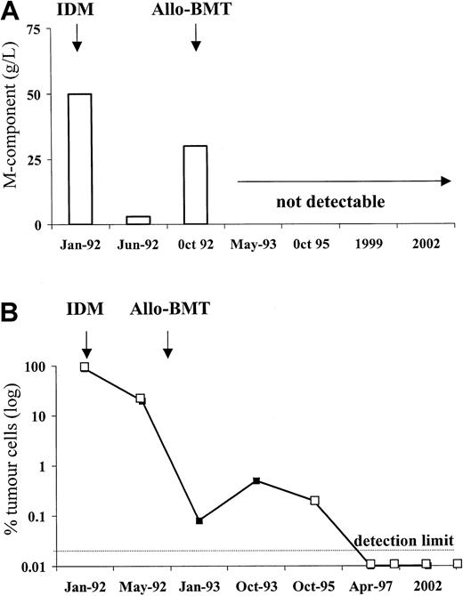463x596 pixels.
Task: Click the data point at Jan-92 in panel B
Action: pos(85,367)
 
